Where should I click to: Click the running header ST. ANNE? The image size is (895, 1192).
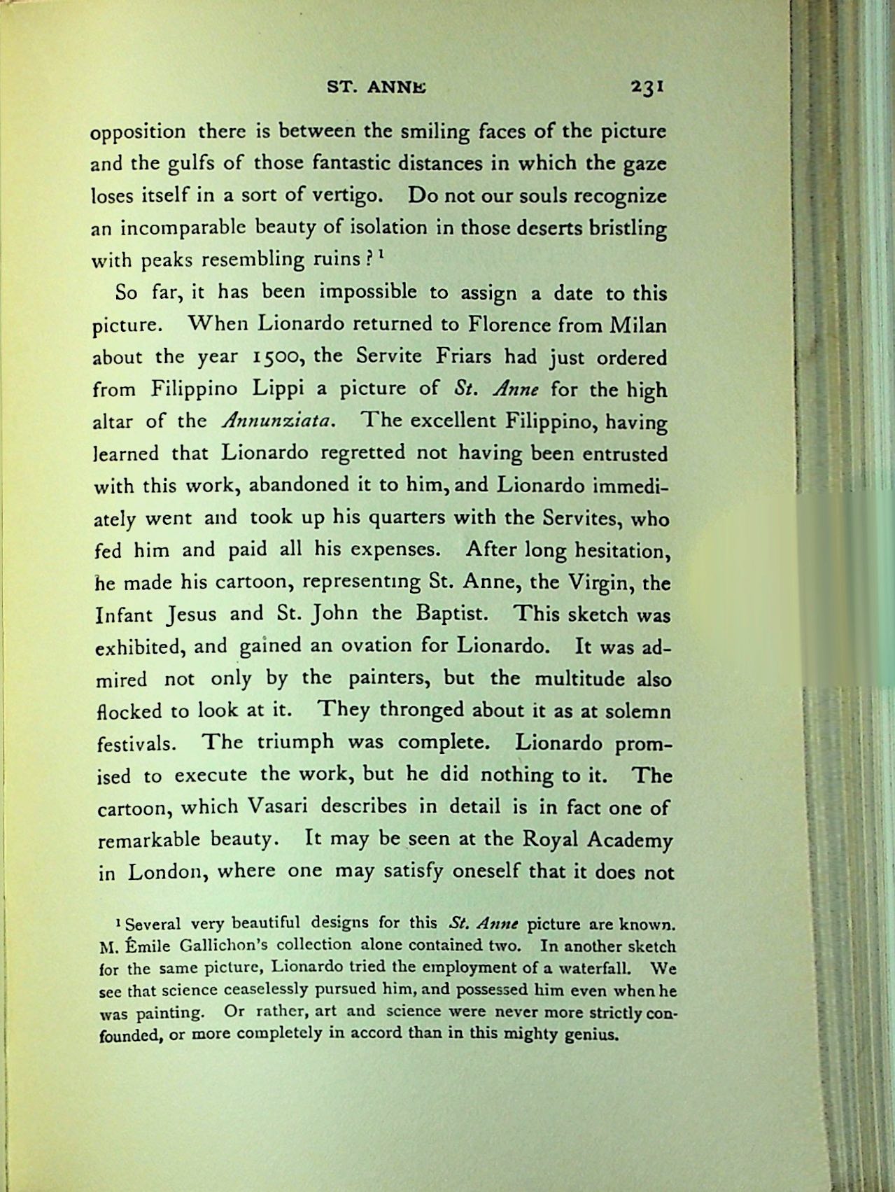click(x=376, y=88)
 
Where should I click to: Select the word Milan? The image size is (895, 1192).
click(x=638, y=325)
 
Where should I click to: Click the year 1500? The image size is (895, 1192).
click(x=270, y=357)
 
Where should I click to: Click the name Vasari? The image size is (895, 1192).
click(x=279, y=806)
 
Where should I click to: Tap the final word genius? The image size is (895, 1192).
click(x=593, y=1035)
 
